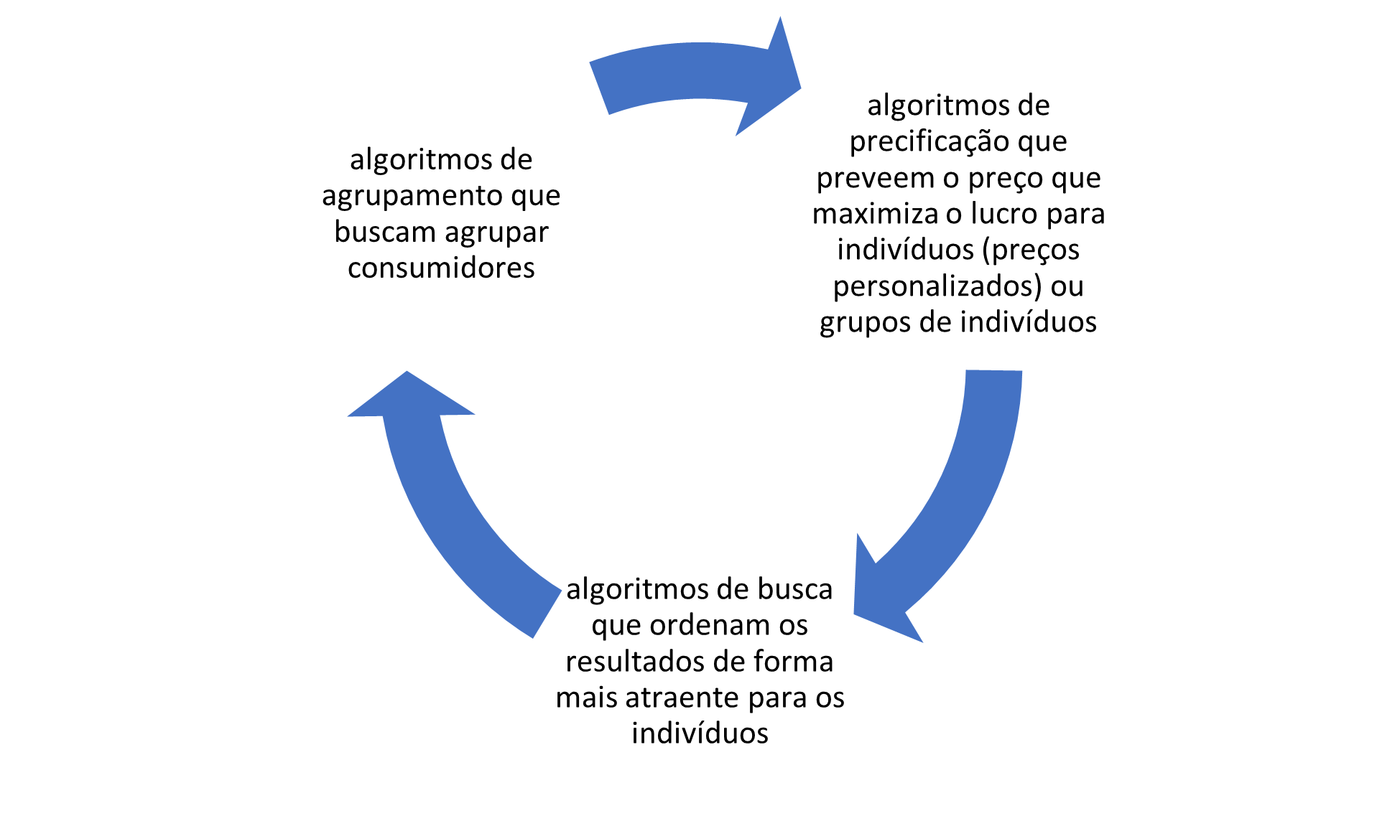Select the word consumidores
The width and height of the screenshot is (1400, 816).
441,268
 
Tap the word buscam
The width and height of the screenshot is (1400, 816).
385,232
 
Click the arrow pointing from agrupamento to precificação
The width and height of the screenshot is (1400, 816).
695,72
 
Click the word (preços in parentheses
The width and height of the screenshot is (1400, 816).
1031,250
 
